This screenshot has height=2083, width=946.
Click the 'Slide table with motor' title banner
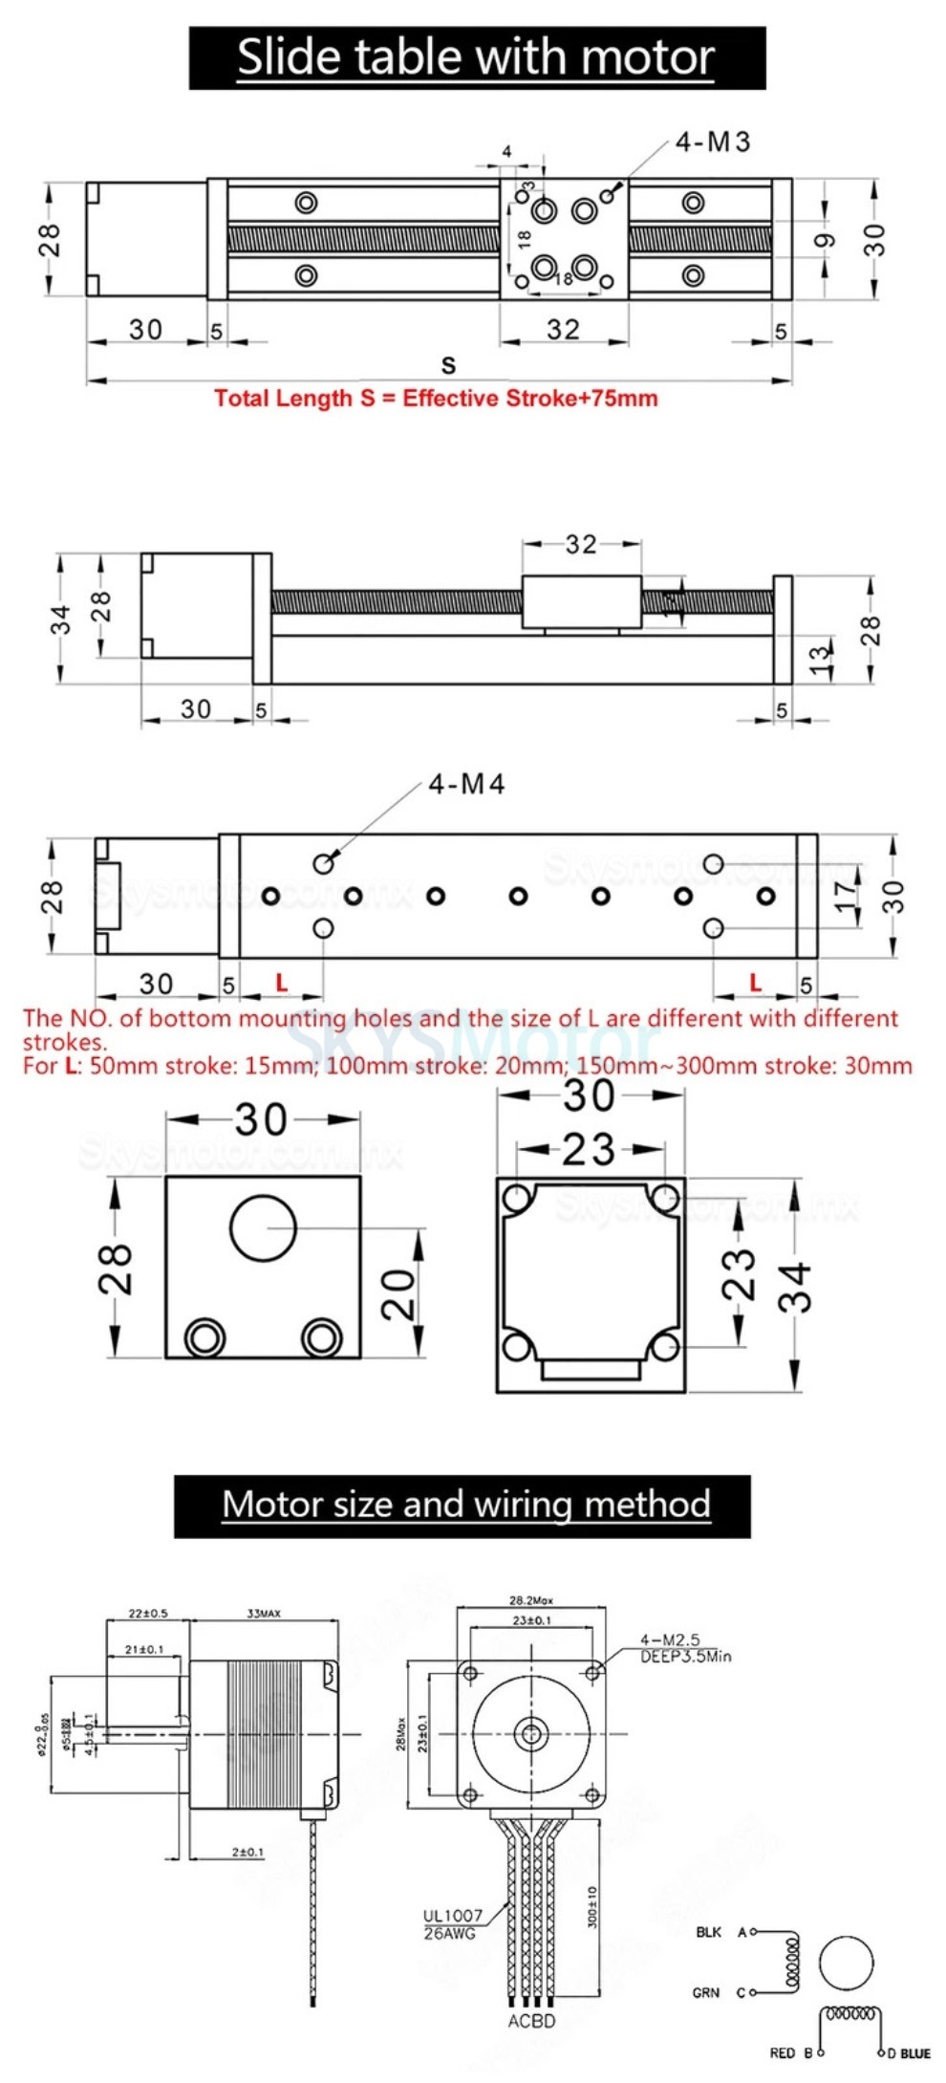tap(476, 58)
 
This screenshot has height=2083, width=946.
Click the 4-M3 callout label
tap(713, 142)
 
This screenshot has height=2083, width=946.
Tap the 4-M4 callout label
tap(466, 785)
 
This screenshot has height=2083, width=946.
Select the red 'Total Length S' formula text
tap(436, 399)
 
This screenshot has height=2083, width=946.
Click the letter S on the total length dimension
tap(448, 364)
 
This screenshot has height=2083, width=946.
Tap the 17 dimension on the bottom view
tap(846, 896)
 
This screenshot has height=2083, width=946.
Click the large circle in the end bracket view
tap(263, 1228)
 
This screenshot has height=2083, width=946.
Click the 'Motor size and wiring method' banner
tap(465, 1505)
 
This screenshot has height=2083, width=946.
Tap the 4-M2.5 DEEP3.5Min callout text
tap(684, 1648)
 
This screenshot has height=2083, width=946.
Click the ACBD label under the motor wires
tap(531, 2021)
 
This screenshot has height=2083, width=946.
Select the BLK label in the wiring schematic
tap(708, 1932)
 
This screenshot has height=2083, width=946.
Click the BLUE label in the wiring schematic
tap(914, 2053)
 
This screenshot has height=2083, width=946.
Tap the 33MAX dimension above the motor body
tap(264, 1614)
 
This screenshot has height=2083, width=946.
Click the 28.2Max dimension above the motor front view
tap(530, 1600)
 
